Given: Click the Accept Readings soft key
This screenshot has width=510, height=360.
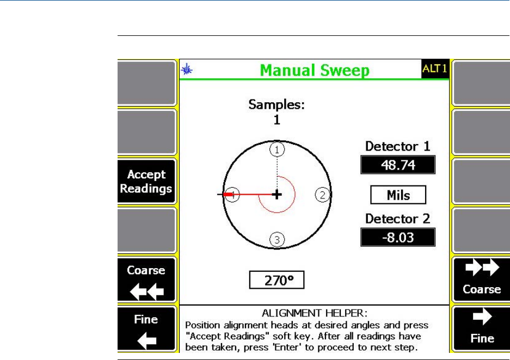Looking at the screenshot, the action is [146, 181].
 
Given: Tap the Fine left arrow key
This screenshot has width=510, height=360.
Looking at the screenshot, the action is [146, 330].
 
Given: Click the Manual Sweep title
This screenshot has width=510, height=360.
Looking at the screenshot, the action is [314, 70].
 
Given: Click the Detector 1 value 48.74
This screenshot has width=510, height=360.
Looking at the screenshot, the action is [398, 165].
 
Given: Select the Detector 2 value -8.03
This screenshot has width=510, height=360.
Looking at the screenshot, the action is [398, 237].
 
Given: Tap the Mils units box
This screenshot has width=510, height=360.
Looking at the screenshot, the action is [398, 195].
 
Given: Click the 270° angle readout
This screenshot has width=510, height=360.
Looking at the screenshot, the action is [276, 281].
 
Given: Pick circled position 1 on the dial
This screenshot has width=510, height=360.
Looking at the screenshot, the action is [277, 149].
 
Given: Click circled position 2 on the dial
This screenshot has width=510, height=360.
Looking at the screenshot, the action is [322, 195].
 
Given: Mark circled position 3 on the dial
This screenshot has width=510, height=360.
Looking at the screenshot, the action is [277, 239].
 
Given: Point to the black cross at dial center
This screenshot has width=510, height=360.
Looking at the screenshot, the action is [277, 194].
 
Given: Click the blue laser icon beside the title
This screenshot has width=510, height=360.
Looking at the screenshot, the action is [187, 69].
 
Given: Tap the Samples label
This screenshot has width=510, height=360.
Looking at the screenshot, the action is [276, 105].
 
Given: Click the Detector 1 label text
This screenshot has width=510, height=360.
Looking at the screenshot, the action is [397, 146].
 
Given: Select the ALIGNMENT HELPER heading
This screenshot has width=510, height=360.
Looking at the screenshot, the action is [314, 313].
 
